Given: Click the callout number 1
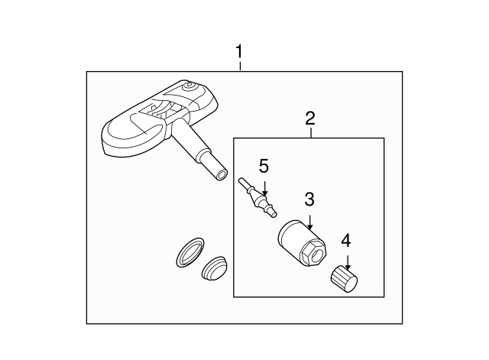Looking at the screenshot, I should coord(239,52).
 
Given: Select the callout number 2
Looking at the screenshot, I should coord(309,118).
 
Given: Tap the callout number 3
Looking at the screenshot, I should coord(309,200).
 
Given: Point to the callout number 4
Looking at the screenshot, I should coord(346,240).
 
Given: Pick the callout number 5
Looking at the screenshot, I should coord(264,166).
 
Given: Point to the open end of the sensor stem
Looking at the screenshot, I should coord(221,175).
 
